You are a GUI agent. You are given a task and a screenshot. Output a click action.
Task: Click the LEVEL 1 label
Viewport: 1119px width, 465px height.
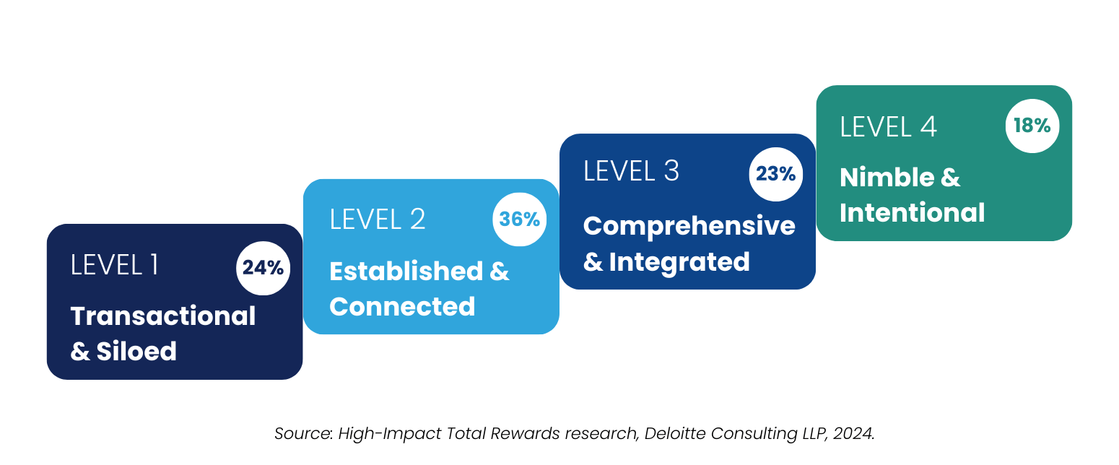114,265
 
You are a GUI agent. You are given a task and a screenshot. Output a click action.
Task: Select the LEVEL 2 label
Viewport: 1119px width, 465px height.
377,220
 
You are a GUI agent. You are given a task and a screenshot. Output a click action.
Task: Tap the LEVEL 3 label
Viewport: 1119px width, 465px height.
631,171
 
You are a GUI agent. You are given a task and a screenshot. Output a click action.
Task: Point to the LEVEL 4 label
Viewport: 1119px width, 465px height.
888,126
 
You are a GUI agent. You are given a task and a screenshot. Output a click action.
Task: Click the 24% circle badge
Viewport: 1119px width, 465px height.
263,268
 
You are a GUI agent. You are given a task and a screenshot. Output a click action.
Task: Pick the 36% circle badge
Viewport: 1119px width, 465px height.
520,220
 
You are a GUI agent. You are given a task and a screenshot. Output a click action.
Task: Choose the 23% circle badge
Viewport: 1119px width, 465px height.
775,174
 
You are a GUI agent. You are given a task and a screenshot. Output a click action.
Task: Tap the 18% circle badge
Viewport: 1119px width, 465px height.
1032,126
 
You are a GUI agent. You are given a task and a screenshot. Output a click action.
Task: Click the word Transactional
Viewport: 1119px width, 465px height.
163,316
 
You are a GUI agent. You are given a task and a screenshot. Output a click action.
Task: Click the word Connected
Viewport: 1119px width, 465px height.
402,306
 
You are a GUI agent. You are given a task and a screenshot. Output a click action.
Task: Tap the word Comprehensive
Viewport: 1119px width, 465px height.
689,225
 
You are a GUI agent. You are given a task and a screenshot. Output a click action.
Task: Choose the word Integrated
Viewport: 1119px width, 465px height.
679,261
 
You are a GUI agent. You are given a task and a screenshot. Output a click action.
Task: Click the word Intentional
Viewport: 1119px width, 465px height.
912,213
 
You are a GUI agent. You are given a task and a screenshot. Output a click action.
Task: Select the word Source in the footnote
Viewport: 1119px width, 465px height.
297,434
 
